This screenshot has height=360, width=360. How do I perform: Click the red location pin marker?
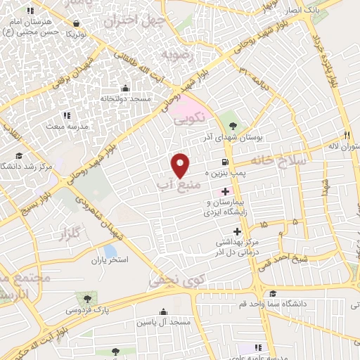coord(181,165)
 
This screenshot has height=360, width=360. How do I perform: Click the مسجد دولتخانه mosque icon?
coord(125,88)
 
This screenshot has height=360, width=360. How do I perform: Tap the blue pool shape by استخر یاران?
coord(110,251)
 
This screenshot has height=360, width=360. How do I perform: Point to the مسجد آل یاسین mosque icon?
coord(164,311)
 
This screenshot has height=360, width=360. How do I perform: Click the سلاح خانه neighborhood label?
coord(280,161)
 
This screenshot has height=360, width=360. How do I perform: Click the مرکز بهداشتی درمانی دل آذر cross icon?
coord(237,231)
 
